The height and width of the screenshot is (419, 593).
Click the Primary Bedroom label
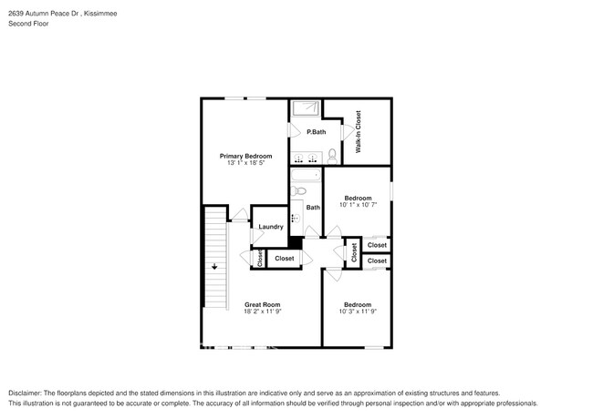(x=245, y=156)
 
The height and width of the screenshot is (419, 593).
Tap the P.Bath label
(x=316, y=133)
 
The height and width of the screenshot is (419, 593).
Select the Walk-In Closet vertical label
(x=359, y=131)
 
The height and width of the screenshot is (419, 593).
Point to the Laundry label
(x=271, y=227)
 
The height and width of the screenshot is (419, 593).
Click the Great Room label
(x=261, y=304)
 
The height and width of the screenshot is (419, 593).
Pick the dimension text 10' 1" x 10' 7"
(x=357, y=206)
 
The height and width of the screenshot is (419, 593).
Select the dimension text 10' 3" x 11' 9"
(x=357, y=312)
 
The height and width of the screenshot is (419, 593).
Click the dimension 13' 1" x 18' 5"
(x=245, y=164)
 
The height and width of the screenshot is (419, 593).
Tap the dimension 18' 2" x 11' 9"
(x=261, y=312)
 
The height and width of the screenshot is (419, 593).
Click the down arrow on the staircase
(x=214, y=267)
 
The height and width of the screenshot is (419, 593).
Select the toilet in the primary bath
(x=331, y=156)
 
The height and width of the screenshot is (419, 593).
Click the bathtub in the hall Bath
(x=305, y=177)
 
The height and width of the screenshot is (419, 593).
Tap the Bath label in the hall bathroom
(x=313, y=208)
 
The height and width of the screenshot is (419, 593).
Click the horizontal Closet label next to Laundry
(x=285, y=259)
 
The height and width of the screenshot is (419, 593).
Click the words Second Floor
(x=29, y=24)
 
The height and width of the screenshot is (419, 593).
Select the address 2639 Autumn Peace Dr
(x=47, y=14)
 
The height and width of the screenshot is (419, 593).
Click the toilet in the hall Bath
(x=297, y=191)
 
